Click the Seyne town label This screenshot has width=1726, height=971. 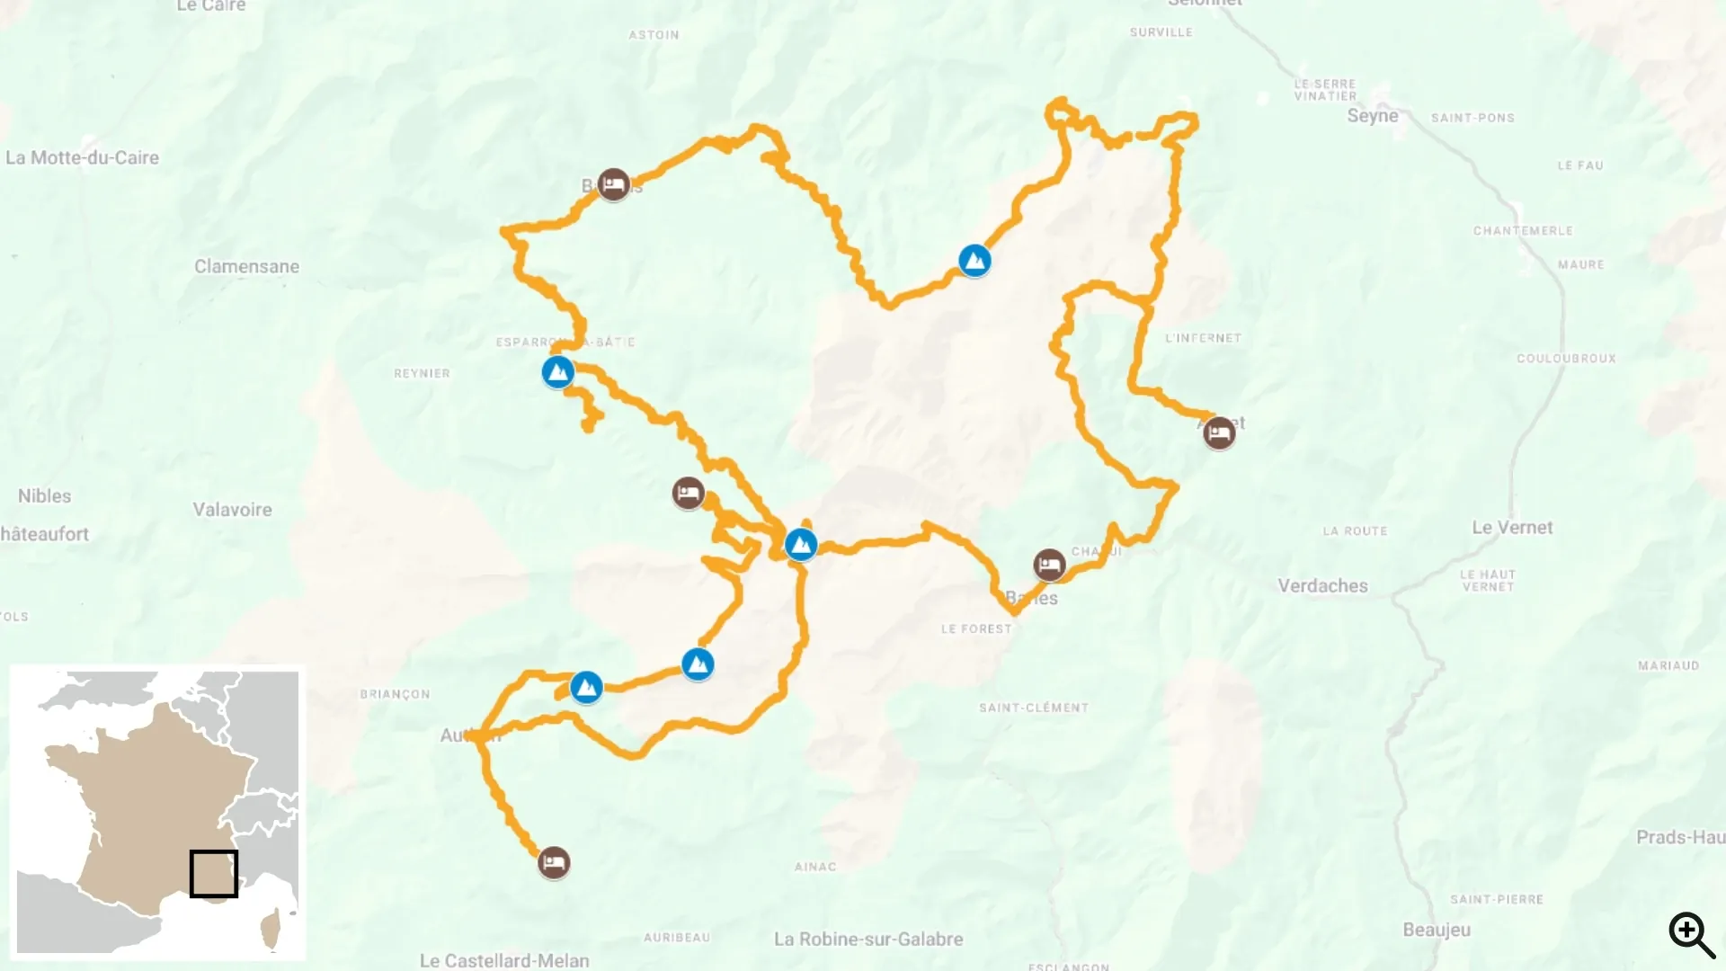pos(1372,116)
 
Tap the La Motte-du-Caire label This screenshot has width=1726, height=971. pos(82,157)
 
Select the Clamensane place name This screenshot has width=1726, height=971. pos(246,266)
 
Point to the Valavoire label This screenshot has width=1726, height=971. pos(232,510)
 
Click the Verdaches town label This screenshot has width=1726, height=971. pos(1322,586)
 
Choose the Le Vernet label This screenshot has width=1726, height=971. pos(1512,528)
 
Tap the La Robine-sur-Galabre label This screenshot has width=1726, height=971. pos(867,939)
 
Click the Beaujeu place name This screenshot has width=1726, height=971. pos(1437,930)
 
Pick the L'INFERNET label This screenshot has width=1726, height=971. pos(1203,338)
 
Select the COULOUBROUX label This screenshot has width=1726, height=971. pos(1566,358)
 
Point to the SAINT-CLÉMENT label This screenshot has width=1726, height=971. pos(1034,708)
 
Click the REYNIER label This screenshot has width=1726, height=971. pos(422,373)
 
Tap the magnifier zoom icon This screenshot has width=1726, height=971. pos(1691,934)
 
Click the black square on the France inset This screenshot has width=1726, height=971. pos(214,873)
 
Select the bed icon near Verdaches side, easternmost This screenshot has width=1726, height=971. pos(1219,433)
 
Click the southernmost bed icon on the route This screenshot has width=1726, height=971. pos(554,863)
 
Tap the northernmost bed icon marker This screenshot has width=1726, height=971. pos(614,184)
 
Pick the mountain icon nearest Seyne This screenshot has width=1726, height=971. pos(974,261)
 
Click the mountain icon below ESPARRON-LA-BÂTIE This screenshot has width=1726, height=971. pos(557,371)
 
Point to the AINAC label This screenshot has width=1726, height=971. pos(814,867)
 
